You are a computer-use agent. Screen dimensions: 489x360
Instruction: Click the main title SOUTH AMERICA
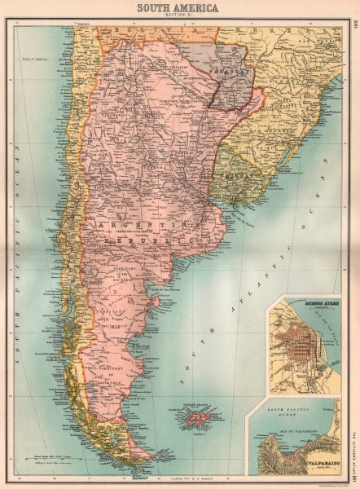179,7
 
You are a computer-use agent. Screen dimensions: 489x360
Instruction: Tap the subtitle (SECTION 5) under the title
179,16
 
